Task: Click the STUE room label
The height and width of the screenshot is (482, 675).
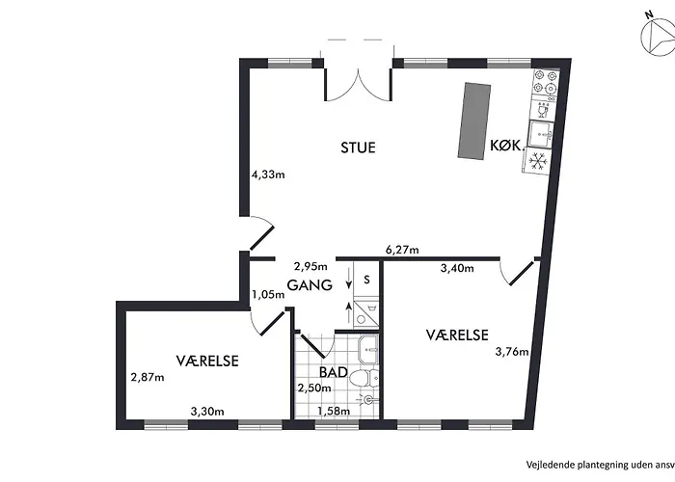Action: click(x=358, y=147)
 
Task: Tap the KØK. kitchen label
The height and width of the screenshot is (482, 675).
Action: click(x=507, y=146)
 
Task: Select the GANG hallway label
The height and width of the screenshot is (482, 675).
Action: click(x=310, y=285)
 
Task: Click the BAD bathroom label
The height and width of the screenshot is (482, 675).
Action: click(x=334, y=372)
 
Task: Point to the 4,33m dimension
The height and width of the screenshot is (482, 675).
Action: click(x=268, y=174)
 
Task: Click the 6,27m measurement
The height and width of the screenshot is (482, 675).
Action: click(x=402, y=250)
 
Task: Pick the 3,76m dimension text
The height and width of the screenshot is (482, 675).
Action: click(x=512, y=352)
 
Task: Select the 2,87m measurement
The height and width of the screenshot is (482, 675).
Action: click(x=148, y=378)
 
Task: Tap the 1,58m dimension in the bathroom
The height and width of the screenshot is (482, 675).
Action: click(x=334, y=412)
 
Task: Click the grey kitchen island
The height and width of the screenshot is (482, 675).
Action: click(x=474, y=121)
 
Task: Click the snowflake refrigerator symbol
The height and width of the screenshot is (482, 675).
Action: click(x=538, y=161)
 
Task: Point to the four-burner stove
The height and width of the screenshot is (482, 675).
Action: click(x=545, y=83)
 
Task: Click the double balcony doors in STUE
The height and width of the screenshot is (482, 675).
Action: click(x=358, y=85)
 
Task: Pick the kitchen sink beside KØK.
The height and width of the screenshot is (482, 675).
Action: click(x=541, y=135)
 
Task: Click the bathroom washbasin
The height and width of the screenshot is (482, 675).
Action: click(x=369, y=349)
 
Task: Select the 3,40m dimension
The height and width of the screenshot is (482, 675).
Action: click(x=457, y=269)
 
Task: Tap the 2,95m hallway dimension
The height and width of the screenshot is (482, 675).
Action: click(x=310, y=266)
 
